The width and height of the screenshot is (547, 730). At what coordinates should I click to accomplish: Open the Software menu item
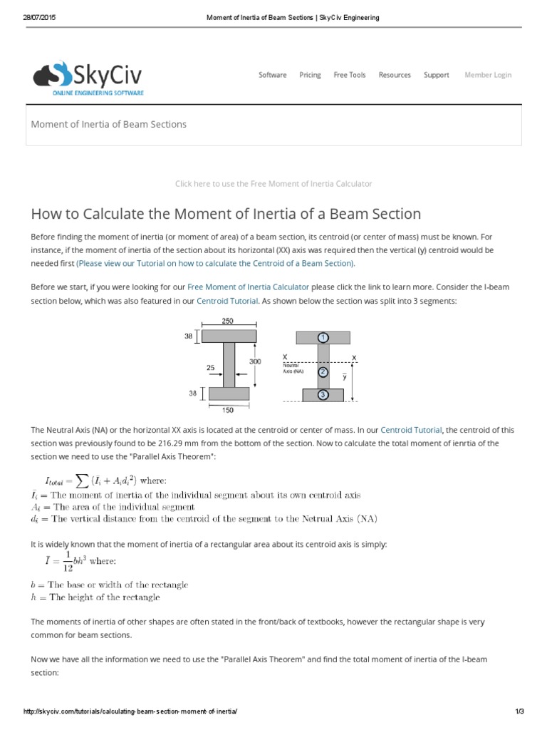click(x=272, y=75)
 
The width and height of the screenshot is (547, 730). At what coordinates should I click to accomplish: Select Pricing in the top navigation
click(x=310, y=75)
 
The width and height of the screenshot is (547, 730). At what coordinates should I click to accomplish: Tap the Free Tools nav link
click(x=350, y=75)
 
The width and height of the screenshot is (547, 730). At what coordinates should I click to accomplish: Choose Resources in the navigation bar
click(x=395, y=75)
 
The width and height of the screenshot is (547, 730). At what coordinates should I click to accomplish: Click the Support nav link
click(x=436, y=75)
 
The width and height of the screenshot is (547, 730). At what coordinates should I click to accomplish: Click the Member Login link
click(x=488, y=75)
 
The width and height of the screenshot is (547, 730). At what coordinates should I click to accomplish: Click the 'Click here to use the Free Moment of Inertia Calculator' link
click(x=273, y=184)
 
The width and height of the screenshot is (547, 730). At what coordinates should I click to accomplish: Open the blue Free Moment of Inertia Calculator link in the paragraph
click(x=248, y=287)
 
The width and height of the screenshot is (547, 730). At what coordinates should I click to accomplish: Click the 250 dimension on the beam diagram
click(x=228, y=322)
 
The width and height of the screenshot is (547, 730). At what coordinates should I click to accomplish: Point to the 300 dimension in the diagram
click(x=254, y=361)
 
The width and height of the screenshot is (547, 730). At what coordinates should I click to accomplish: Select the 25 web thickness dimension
click(x=211, y=369)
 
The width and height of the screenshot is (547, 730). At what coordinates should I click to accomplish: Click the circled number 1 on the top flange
click(x=323, y=336)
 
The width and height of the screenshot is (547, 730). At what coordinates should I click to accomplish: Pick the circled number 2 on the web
click(x=323, y=371)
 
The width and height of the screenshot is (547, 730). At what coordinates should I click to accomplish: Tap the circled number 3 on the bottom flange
click(x=323, y=394)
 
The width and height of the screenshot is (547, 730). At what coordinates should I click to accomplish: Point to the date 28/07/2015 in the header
click(x=38, y=17)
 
